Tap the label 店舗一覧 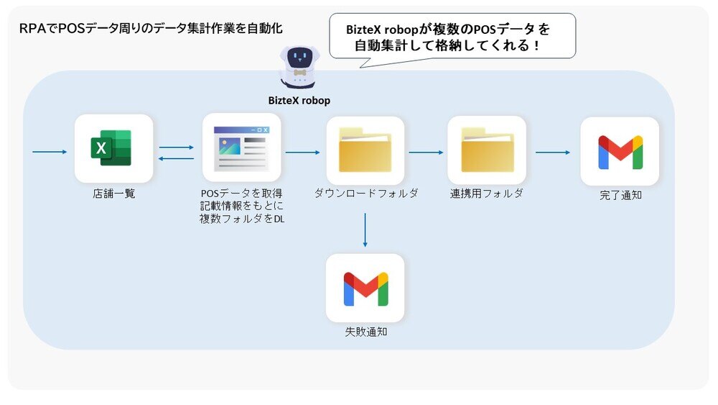click(113, 194)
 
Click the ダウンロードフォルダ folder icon click(365, 150)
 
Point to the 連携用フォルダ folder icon click(487, 150)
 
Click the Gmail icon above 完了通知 click(620, 152)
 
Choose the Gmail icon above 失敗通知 click(365, 288)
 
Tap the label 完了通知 click(620, 195)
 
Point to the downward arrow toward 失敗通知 click(365, 230)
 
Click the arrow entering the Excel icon click(50, 152)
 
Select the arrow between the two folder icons click(426, 152)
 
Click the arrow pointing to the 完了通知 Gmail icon click(553, 152)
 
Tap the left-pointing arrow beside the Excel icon click(177, 158)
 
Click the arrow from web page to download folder click(302, 152)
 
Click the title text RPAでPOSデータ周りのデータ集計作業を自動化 click(151, 29)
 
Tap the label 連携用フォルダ click(487, 194)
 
